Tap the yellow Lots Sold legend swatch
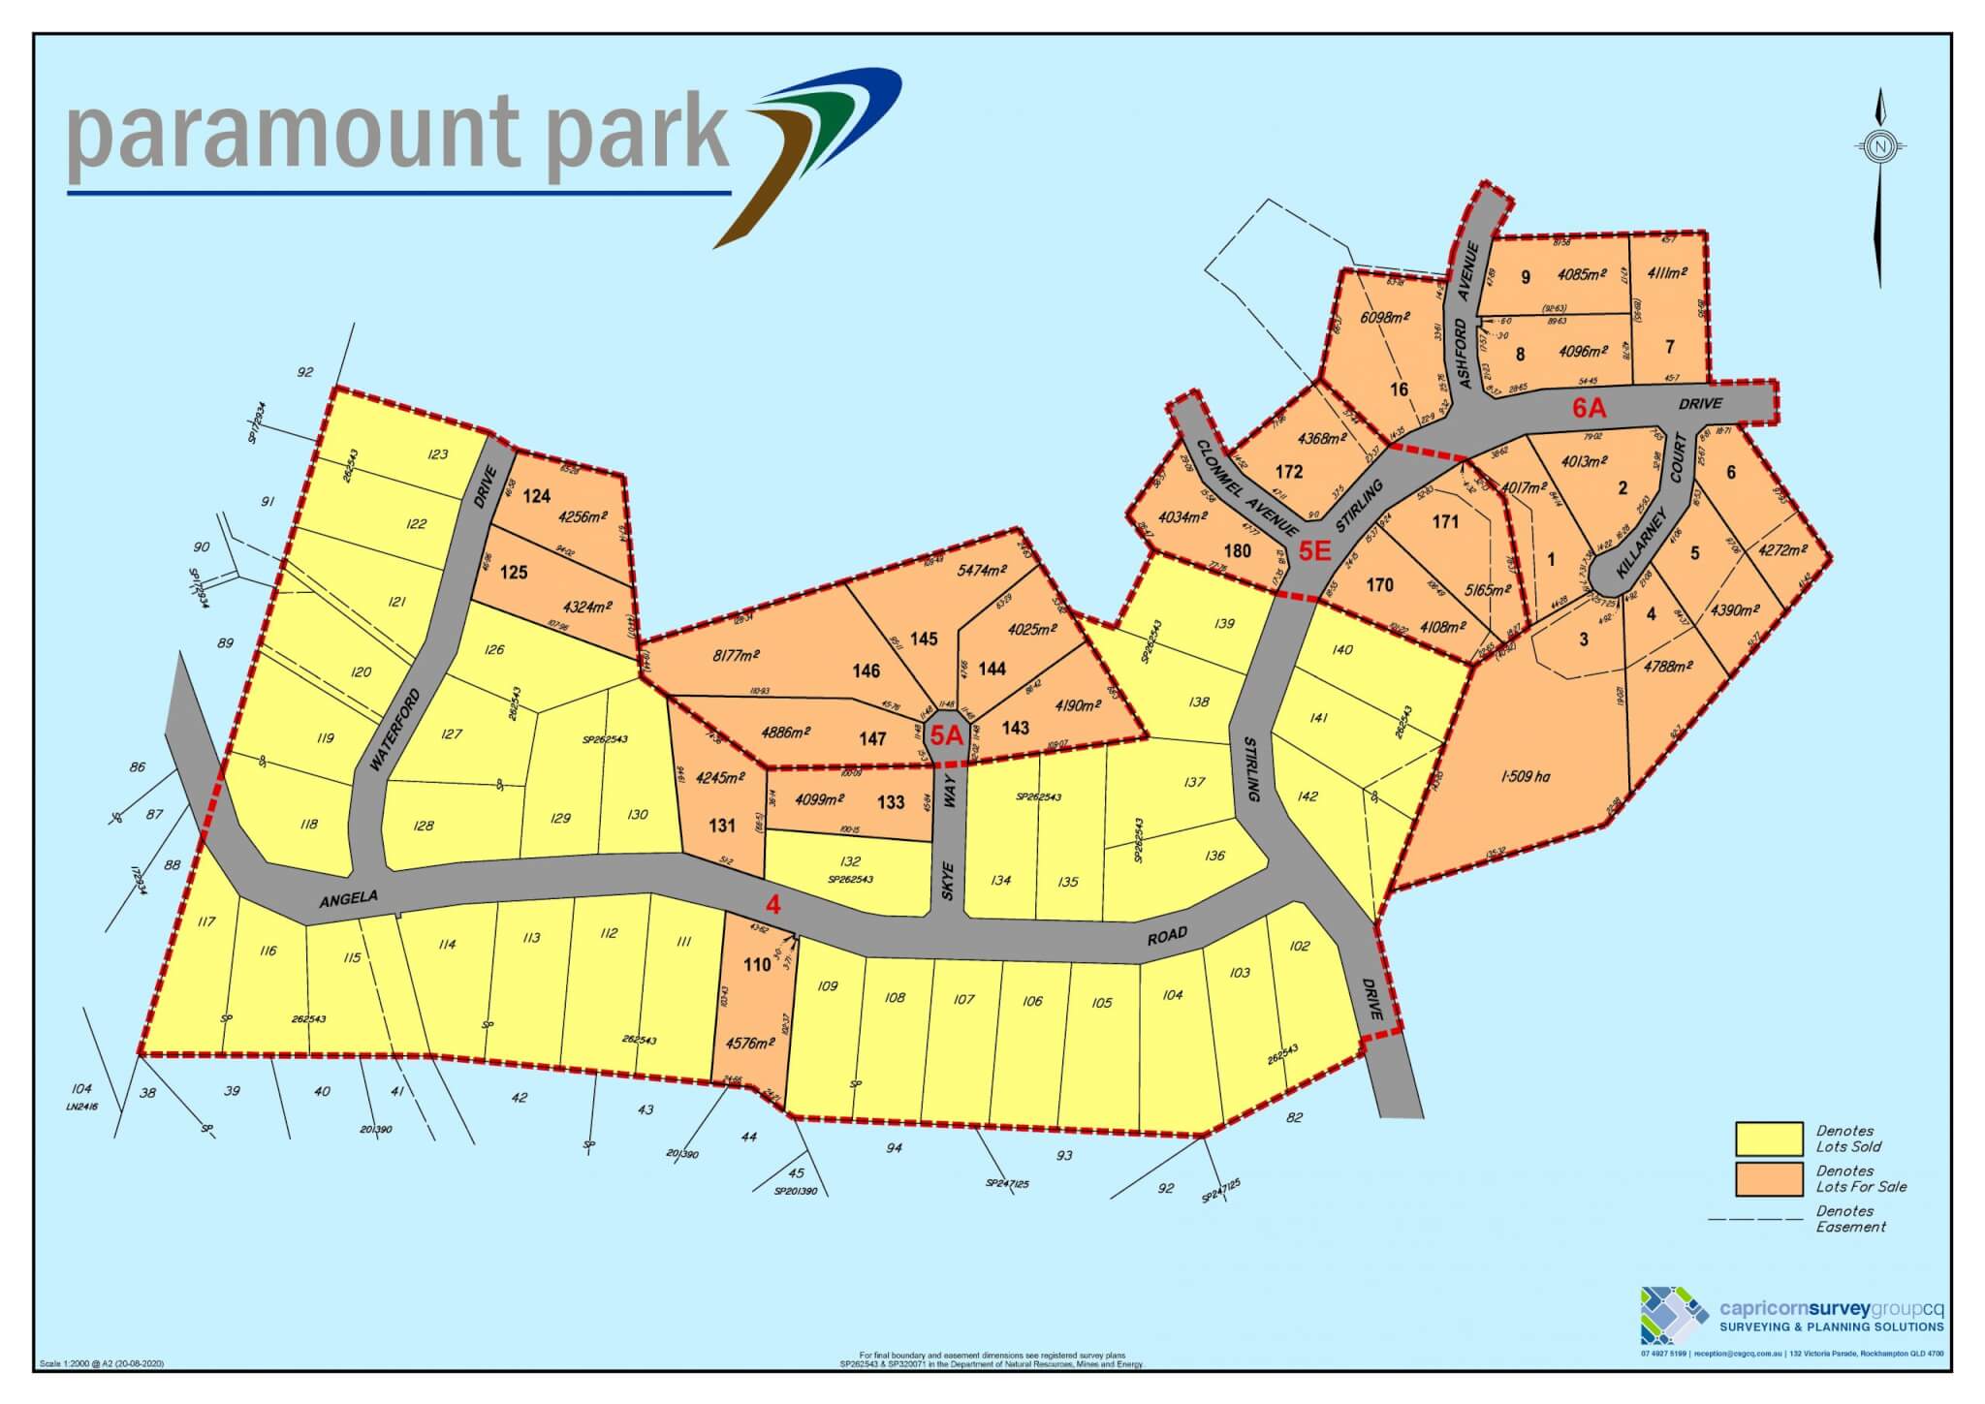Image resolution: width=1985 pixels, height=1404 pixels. click(x=1769, y=1139)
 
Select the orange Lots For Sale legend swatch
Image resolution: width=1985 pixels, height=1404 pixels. click(x=1769, y=1178)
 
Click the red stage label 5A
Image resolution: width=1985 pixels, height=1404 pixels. click(x=947, y=735)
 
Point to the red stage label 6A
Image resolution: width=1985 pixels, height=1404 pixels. click(x=1589, y=409)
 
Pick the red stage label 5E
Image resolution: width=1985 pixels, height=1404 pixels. click(x=1315, y=552)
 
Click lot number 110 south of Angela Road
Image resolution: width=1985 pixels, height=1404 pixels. click(x=757, y=964)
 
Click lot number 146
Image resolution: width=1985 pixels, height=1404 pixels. click(x=866, y=671)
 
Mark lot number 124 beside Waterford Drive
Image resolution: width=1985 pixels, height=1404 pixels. click(x=536, y=496)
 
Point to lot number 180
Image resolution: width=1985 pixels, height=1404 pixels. click(x=1238, y=550)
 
